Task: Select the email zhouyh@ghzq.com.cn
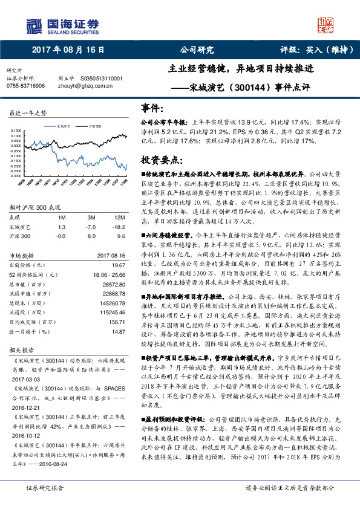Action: coord(84,86)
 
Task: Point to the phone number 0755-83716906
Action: coord(25,86)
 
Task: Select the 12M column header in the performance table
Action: coord(120,216)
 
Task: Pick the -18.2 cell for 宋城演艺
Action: coord(120,227)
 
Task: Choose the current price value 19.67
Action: coord(118,265)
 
